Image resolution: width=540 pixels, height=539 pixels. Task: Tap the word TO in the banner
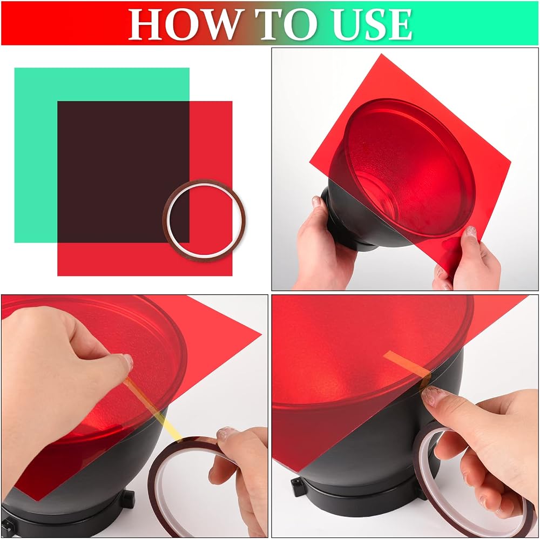click(x=287, y=24)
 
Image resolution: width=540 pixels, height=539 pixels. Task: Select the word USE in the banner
click(x=373, y=24)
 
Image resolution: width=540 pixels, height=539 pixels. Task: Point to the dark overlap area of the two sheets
click(x=123, y=172)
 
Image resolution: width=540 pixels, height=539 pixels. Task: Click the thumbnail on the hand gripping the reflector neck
click(x=316, y=201)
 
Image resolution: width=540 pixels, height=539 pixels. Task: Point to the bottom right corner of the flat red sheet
click(x=232, y=275)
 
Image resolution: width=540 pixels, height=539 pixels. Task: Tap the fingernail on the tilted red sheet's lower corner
click(x=471, y=232)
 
